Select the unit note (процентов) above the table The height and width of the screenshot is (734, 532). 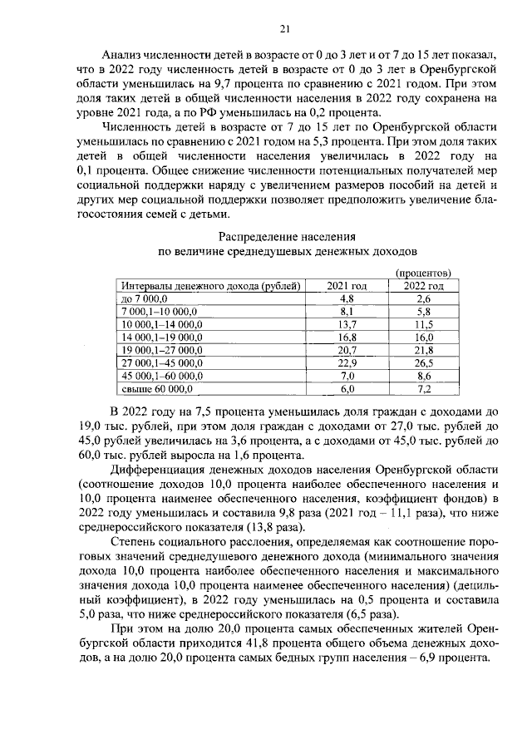(423, 273)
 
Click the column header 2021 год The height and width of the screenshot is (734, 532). (347, 286)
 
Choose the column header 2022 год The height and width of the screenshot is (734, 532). (423, 286)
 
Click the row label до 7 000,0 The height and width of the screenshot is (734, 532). (145, 298)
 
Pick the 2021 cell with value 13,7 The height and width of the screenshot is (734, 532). (347, 324)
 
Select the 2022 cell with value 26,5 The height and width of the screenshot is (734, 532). (423, 362)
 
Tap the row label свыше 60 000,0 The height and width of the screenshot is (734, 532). (158, 388)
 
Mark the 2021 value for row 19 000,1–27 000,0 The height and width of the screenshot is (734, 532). (347, 350)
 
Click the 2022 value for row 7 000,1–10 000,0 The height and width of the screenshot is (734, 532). (423, 311)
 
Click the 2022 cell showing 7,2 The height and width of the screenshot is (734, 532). (423, 388)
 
